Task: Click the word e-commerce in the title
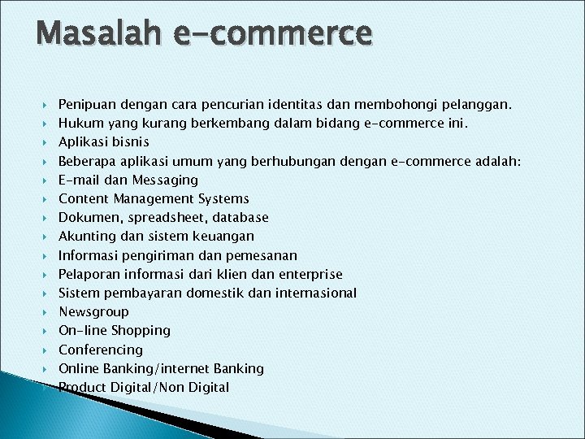pos(272,34)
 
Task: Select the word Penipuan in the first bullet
pos(88,105)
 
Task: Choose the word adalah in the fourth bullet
pos(496,161)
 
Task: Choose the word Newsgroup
pos(93,311)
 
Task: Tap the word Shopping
pos(141,331)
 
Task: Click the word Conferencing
pos(100,350)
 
